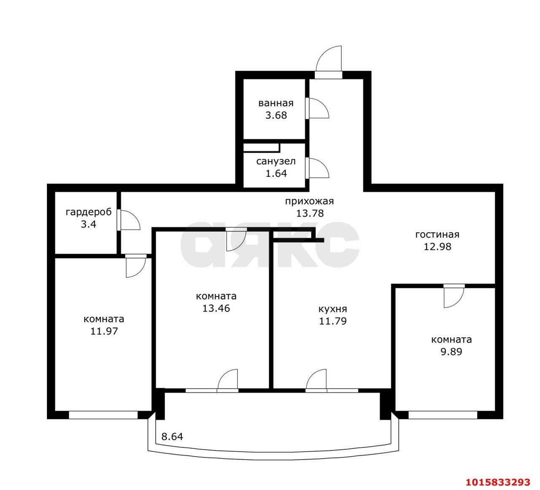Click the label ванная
point(276,103)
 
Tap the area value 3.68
point(276,115)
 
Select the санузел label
point(276,161)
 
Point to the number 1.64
point(276,173)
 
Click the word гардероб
point(89,212)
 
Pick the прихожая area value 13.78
point(310,214)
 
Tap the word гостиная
point(437,235)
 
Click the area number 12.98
point(437,247)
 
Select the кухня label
point(333,309)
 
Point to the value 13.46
point(216,309)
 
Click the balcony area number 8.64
point(172,437)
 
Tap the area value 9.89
point(451,352)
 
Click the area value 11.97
point(104,331)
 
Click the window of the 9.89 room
point(443,415)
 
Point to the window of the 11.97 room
point(103,415)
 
